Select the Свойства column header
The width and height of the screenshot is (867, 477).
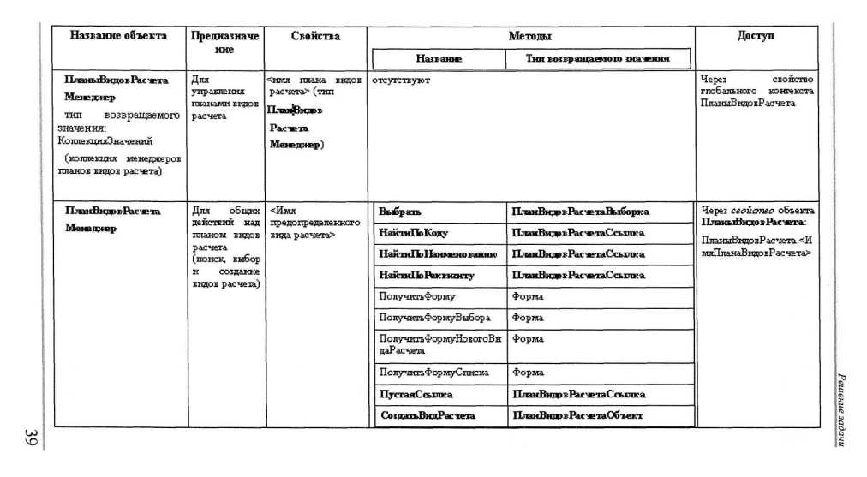click(x=315, y=37)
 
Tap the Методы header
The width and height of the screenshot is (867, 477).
click(x=529, y=37)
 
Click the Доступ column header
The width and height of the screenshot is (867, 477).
click(x=756, y=37)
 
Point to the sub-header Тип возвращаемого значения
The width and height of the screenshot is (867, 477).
click(x=597, y=59)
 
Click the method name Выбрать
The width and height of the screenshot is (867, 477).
click(x=400, y=211)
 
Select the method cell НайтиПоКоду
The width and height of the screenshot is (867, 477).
click(x=413, y=233)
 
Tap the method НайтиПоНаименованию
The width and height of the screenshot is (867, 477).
click(x=437, y=254)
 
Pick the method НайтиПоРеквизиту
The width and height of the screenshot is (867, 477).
click(x=426, y=276)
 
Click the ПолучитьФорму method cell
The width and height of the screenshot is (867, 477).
click(x=417, y=296)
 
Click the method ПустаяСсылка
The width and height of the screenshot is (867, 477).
click(x=416, y=395)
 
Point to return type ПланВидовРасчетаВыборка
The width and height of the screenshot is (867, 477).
click(x=580, y=211)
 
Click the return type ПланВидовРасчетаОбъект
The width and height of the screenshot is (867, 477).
click(x=577, y=416)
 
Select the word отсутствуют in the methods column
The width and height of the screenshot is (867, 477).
click(x=401, y=80)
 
